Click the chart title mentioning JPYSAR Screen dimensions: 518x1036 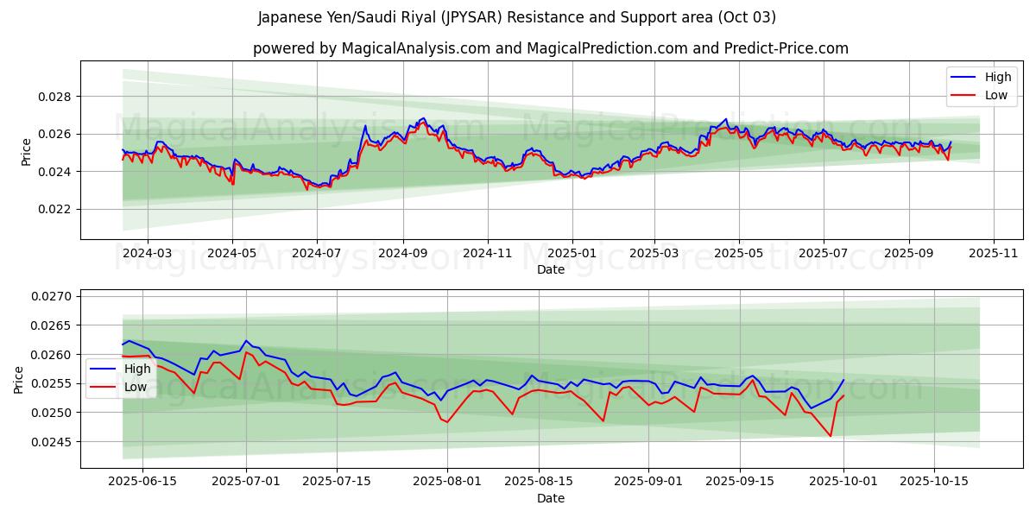pos(516,17)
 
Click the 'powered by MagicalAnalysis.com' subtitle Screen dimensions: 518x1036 pos(550,48)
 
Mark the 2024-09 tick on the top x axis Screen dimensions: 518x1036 pos(403,254)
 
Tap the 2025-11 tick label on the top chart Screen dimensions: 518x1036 pos(993,254)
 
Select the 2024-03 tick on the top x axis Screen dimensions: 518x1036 pos(148,254)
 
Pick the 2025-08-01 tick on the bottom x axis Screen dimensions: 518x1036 pos(447,482)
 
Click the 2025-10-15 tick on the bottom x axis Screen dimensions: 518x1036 pos(933,482)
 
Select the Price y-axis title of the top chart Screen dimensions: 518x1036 pos(26,151)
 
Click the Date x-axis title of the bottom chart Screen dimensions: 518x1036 pos(551,498)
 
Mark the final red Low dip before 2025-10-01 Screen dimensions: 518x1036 pos(831,436)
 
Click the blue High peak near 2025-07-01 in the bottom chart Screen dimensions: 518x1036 pos(246,341)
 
